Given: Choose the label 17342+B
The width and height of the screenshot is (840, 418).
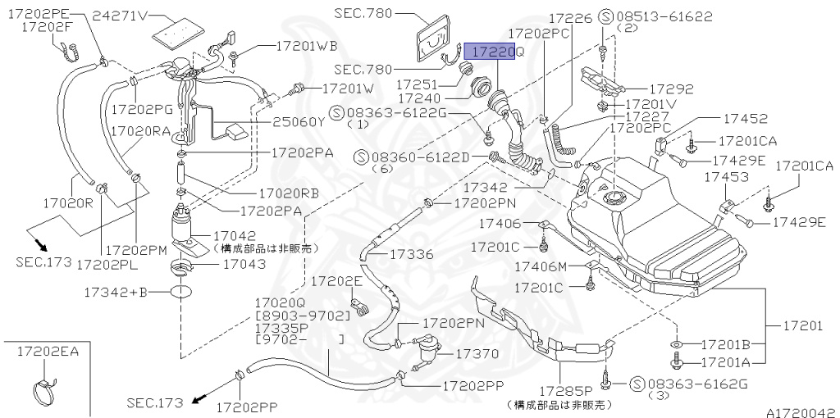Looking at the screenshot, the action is [116, 291].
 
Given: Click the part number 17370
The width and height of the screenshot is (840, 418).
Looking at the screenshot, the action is [477, 354].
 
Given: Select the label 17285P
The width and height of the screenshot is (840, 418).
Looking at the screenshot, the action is [566, 391].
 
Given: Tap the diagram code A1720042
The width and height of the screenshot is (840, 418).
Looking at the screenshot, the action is [800, 412].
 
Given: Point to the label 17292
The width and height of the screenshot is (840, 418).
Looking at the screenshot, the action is [672, 89].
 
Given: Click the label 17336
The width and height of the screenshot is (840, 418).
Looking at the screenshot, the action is [411, 254].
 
